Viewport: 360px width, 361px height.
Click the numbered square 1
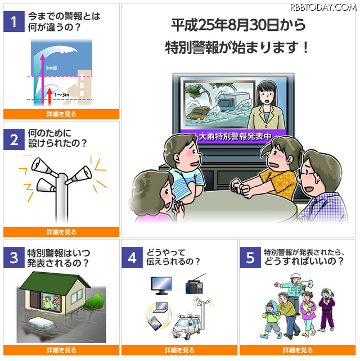(14, 21)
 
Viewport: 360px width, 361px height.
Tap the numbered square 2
(14, 139)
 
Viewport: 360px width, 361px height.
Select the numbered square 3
(14, 258)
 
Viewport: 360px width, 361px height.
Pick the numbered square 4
(132, 258)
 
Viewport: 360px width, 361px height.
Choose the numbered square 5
(250, 258)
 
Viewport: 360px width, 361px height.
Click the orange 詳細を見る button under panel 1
(61, 114)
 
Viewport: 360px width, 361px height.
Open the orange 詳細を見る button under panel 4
(179, 350)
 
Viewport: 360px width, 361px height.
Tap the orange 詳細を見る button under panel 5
(298, 350)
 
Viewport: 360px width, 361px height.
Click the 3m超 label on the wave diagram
(51, 67)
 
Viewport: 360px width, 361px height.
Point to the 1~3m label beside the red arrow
(62, 94)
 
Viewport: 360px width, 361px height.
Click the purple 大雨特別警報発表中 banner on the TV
(233, 137)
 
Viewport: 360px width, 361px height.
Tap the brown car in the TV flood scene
(199, 113)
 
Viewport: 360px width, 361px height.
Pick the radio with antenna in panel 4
(195, 285)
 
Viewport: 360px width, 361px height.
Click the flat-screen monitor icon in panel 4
(161, 286)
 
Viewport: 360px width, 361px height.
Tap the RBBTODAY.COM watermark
(323, 8)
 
